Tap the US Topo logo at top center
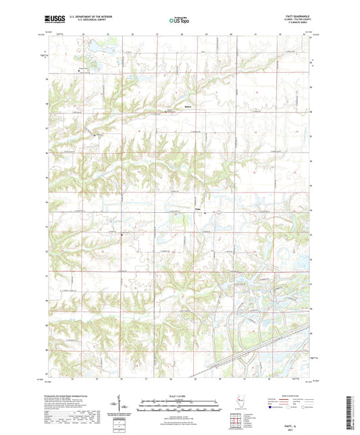point(179,21)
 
